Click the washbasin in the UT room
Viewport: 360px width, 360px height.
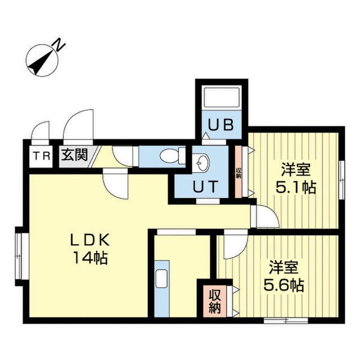click(x=200, y=163)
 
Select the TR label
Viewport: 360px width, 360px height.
click(x=40, y=155)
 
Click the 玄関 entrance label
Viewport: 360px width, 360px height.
click(x=74, y=155)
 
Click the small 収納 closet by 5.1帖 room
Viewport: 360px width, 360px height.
click(x=238, y=171)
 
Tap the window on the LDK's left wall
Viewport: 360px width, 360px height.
click(x=20, y=254)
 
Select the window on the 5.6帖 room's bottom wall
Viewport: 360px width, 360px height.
click(x=286, y=321)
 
